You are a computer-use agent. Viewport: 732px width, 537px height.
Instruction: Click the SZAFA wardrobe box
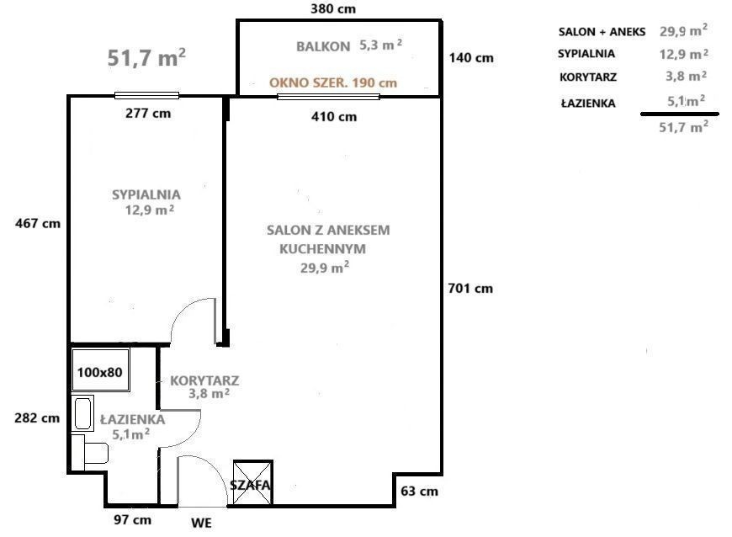252,483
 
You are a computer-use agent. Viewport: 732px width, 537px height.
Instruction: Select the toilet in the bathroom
90,449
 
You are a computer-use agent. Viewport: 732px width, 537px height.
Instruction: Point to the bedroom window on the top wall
146,96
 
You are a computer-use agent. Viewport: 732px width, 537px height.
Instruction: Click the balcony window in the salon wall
328,97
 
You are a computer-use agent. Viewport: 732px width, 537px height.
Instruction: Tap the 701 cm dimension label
470,288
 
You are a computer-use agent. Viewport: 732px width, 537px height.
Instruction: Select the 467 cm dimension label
38,223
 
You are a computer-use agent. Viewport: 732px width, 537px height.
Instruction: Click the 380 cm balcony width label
333,9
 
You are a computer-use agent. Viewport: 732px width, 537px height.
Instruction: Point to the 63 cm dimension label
419,492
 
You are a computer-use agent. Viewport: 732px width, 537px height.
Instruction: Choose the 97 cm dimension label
133,519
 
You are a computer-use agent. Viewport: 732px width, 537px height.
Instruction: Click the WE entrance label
201,523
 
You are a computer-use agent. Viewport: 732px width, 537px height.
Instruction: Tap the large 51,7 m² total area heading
146,57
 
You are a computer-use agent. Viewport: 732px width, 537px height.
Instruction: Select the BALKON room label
323,46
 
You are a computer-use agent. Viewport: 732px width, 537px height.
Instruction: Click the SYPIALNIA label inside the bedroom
146,194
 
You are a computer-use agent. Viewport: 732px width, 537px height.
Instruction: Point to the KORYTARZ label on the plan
204,380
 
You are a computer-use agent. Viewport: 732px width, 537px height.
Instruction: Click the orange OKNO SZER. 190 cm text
333,82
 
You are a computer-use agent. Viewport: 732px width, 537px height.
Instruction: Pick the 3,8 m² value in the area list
686,76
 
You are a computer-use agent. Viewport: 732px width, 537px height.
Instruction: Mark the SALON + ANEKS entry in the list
602,32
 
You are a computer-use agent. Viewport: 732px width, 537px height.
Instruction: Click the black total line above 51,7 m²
680,114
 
